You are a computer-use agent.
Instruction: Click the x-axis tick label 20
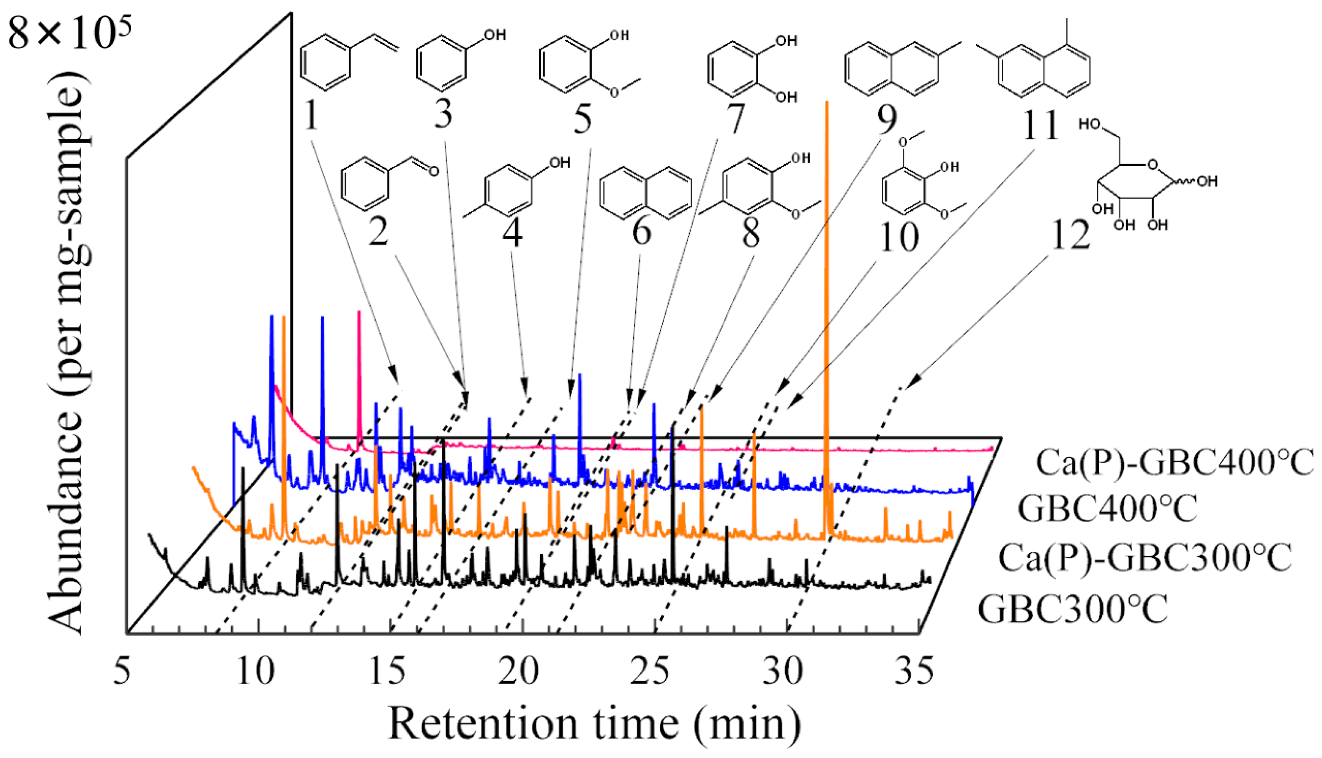point(518,672)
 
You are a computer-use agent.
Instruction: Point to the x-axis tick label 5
point(122,672)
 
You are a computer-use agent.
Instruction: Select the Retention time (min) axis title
point(594,724)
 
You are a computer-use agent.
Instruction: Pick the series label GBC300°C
point(1073,609)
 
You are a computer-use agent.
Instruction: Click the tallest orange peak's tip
point(827,102)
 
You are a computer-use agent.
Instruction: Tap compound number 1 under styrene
point(311,116)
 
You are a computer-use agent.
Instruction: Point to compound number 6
point(641,231)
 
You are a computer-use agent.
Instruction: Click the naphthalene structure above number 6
point(646,193)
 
